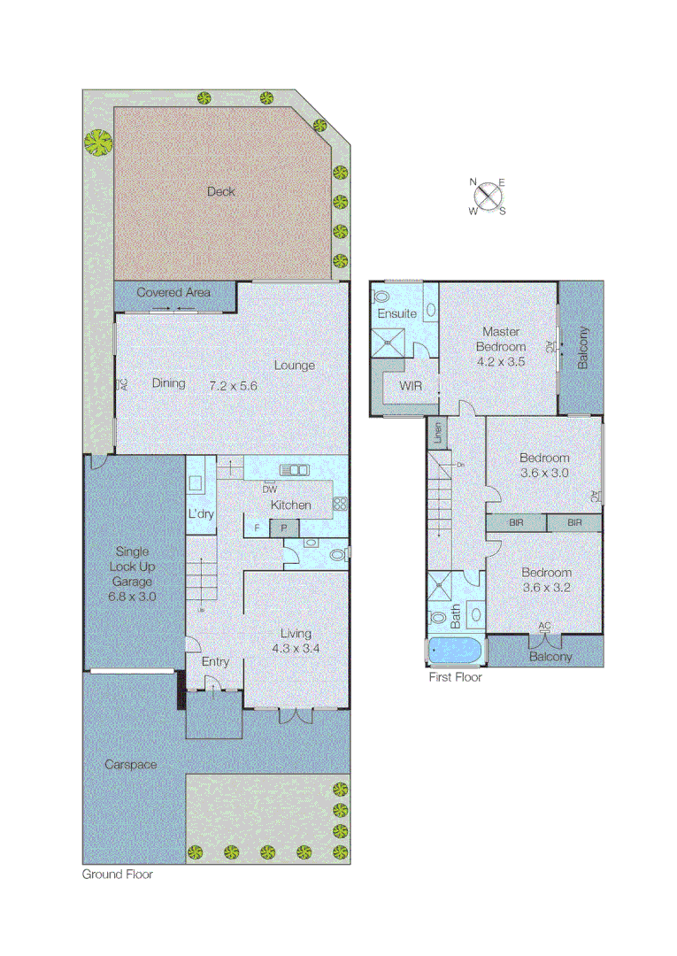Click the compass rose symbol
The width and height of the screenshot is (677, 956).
tap(488, 197)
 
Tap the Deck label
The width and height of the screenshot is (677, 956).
tap(221, 191)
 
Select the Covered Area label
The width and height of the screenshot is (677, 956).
tap(173, 292)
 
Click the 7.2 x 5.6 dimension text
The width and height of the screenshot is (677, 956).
tap(233, 385)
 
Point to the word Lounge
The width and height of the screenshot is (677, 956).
tap(294, 366)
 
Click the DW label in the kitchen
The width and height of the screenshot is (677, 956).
tap(270, 489)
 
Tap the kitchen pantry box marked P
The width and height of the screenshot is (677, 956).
tap(285, 528)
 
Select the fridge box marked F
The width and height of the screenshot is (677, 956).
tap(257, 528)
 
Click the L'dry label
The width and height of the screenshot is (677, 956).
tap(199, 514)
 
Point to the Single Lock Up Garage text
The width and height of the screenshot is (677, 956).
tap(133, 567)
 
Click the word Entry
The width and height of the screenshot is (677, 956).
tap(215, 662)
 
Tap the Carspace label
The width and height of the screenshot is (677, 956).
tap(130, 764)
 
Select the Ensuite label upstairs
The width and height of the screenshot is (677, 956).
tap(396, 314)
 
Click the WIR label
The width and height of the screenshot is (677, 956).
tap(411, 386)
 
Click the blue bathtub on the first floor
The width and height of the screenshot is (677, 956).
tap(456, 652)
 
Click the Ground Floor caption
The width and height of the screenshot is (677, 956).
tap(117, 875)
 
